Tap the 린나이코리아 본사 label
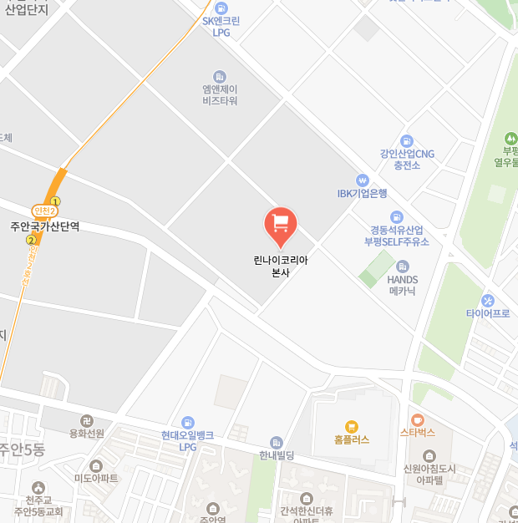[x=281, y=267]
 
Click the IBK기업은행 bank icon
[x=363, y=180]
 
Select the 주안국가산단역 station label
[x=45, y=226]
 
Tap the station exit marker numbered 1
[x=56, y=201]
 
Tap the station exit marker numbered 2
[x=31, y=240]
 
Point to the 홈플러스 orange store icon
[x=351, y=426]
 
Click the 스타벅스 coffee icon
[x=418, y=419]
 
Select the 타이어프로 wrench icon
[x=488, y=301]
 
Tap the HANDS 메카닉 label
[x=403, y=285]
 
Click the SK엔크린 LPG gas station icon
[x=221, y=8]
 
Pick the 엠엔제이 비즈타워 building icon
[x=220, y=76]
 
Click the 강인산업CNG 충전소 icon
[x=407, y=141]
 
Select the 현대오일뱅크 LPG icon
[x=189, y=423]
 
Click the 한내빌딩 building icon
[x=277, y=443]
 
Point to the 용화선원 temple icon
[x=86, y=420]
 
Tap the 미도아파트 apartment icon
[x=96, y=465]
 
